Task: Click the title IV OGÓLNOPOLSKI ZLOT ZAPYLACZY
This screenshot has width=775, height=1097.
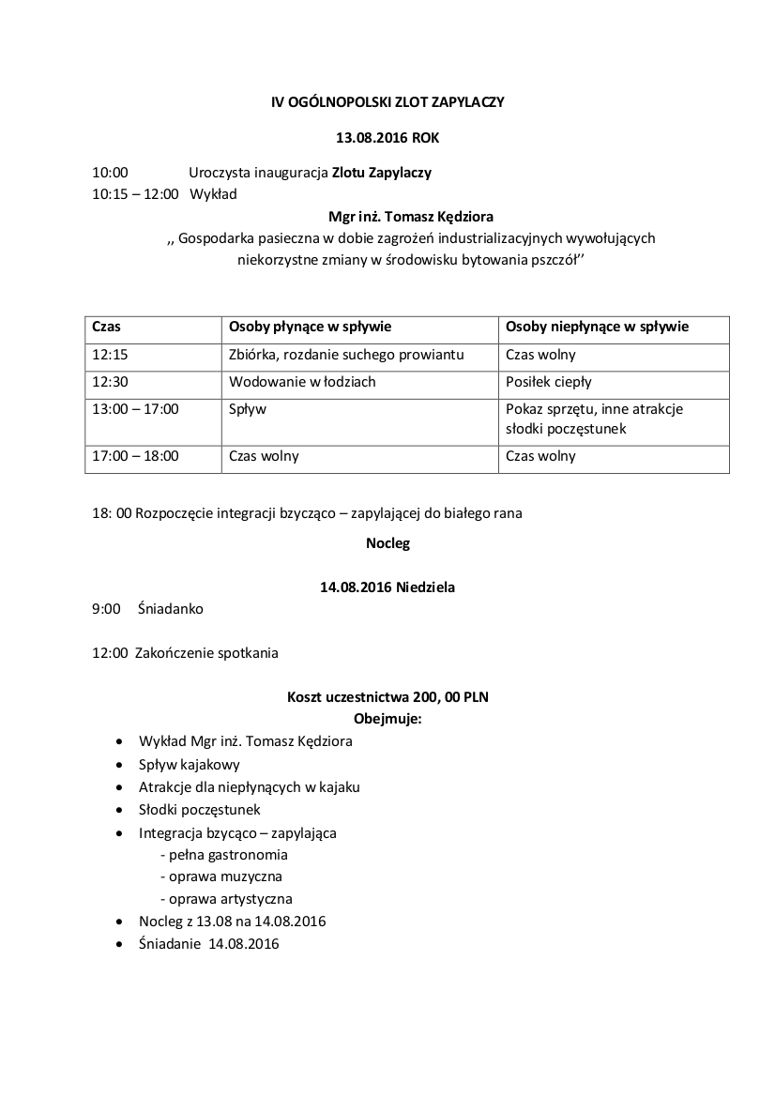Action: tap(387, 102)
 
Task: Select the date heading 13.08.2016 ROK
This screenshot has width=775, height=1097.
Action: tap(387, 138)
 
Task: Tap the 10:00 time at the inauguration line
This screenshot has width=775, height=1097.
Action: tap(110, 173)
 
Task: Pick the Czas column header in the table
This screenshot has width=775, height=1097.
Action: tap(107, 328)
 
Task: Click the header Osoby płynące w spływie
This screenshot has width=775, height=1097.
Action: tap(310, 328)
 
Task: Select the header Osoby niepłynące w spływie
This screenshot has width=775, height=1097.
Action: tap(597, 328)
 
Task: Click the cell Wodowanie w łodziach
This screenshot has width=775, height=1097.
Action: tap(302, 382)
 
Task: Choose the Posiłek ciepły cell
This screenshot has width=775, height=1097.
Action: tap(549, 382)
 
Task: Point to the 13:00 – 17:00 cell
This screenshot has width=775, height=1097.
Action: tap(136, 409)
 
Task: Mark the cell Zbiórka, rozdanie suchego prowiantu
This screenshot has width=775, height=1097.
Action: tap(346, 356)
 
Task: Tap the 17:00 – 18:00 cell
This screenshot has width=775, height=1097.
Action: tap(136, 456)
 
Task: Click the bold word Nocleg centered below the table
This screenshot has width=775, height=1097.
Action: tap(387, 542)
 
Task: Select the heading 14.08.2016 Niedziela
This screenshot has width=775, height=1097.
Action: tap(387, 587)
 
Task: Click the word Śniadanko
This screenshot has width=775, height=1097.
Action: tap(170, 609)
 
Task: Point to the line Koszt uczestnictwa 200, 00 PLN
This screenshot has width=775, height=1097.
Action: tap(387, 697)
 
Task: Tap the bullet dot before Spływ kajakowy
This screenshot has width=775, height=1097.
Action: tap(118, 765)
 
